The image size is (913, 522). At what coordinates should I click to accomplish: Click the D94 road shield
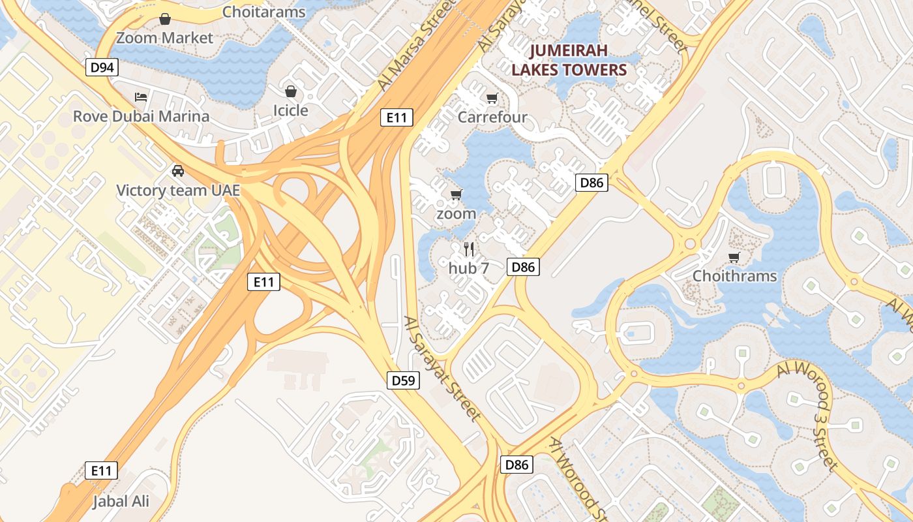click(x=102, y=67)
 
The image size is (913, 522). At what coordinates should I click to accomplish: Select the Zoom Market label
click(x=164, y=38)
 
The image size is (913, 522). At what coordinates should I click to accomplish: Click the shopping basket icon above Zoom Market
click(x=165, y=19)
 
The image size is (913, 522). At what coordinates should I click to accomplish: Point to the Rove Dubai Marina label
click(x=141, y=116)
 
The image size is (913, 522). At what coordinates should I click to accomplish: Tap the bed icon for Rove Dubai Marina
click(x=141, y=97)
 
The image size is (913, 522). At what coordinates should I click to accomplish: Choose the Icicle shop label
click(x=290, y=110)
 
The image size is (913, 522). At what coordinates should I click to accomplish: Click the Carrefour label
click(x=492, y=117)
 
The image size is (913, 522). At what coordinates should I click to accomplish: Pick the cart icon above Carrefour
click(x=492, y=99)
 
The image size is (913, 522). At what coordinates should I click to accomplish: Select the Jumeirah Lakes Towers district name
click(x=569, y=60)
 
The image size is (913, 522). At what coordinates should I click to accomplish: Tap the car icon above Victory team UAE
click(x=177, y=171)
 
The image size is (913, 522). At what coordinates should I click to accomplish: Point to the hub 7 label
click(x=468, y=268)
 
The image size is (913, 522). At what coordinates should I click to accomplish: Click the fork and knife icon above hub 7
click(x=468, y=248)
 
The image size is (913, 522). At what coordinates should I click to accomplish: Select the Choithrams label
click(x=734, y=276)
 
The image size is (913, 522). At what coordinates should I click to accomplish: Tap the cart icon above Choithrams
click(x=734, y=257)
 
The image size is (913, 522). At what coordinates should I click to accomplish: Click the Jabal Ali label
click(x=121, y=502)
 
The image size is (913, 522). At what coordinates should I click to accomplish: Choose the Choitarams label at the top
click(x=263, y=12)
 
